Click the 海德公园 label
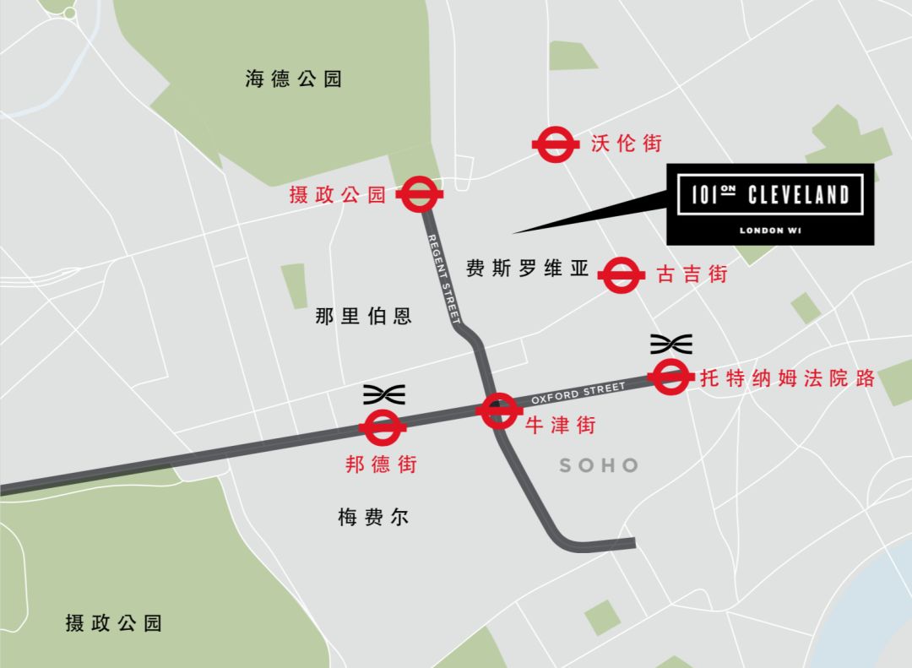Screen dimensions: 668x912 293,79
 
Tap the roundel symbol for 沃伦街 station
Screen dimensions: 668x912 555,145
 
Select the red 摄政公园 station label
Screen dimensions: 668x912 337,196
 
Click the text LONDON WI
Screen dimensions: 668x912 769,230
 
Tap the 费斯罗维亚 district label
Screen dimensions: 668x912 527,269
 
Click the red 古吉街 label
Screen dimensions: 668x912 692,274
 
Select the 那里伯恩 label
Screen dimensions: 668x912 363,317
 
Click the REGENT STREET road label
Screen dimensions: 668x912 443,280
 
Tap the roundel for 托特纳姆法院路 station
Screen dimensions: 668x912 670,377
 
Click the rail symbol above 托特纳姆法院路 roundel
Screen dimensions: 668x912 671,344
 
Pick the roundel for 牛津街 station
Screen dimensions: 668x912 498,411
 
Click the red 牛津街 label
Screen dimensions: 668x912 560,425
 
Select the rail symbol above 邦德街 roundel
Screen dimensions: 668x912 383,394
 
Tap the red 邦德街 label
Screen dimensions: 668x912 382,464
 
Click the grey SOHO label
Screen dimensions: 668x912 599,465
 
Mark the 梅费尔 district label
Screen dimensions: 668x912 373,518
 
